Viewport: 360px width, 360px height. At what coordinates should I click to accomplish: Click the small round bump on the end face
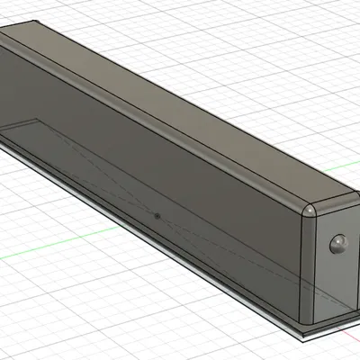pos(338,243)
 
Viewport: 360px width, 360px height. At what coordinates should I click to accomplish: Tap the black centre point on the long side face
pos(157,216)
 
